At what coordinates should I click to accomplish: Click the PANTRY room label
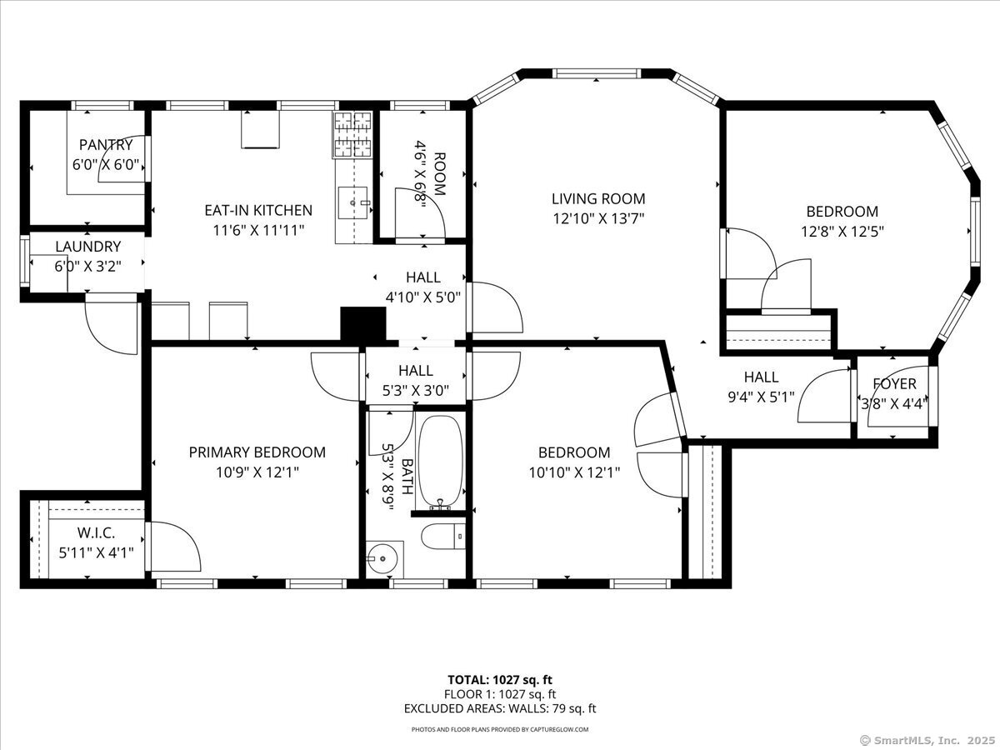tap(106, 144)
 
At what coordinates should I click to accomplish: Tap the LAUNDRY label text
tap(88, 247)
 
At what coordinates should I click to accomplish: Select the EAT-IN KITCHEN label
tap(258, 210)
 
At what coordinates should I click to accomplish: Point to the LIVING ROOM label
tap(598, 198)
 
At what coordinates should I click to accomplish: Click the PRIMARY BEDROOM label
tap(257, 452)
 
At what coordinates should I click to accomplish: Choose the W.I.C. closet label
tap(96, 532)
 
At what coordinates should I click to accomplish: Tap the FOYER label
tap(894, 384)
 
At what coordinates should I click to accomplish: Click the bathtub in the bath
tap(440, 462)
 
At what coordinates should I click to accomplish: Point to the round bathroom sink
tap(382, 558)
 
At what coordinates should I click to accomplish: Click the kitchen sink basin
tap(352, 202)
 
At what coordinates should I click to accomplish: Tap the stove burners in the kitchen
tap(352, 134)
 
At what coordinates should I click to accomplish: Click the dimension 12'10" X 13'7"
tap(598, 219)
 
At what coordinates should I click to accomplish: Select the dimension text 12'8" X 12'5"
tap(842, 232)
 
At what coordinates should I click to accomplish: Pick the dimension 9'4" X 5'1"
tap(762, 397)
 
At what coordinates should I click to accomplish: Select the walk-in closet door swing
tap(174, 547)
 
